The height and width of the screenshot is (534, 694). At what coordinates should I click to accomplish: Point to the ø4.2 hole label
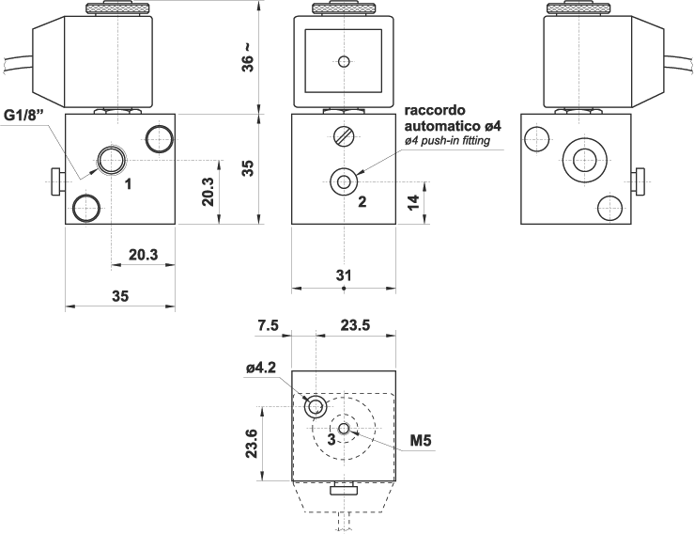point(260,369)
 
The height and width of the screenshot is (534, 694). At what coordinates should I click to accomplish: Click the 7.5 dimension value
point(268,325)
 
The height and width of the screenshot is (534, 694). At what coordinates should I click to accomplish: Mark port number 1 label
point(128,183)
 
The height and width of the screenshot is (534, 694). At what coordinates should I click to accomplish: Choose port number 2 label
point(361,199)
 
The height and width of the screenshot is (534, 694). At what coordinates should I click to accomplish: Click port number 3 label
point(331,439)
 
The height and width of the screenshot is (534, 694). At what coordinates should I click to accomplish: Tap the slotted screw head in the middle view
point(344,136)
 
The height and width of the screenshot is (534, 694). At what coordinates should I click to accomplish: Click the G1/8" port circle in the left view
point(113,160)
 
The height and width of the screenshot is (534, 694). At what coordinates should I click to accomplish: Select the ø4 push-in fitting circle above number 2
point(345,181)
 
